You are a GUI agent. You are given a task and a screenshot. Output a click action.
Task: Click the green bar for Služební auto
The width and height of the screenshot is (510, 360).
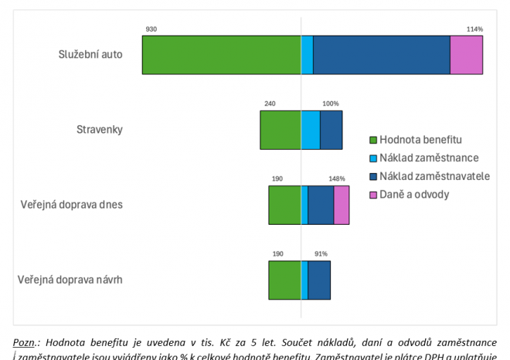pos(221,55)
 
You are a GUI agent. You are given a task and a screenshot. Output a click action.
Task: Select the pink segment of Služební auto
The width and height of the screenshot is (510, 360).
pos(466,55)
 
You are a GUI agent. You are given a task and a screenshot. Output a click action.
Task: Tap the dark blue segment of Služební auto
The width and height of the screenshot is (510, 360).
pos(381,55)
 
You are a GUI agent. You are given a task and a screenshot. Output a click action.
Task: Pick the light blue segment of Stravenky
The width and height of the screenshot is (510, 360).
pos(310,130)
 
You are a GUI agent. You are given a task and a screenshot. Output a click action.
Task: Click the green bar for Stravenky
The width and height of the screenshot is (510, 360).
pos(280,130)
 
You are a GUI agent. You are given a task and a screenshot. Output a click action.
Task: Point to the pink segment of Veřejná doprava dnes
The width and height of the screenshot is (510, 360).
pos(341,205)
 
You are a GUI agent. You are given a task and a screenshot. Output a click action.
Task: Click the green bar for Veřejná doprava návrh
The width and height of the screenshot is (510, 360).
pos(284,280)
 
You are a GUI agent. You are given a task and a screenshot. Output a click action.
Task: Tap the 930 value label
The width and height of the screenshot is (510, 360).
pos(151,29)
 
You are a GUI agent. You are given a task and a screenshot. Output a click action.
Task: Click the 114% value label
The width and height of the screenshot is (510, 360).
pos(474,29)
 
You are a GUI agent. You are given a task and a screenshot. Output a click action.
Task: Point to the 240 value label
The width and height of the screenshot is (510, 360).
pos(269,104)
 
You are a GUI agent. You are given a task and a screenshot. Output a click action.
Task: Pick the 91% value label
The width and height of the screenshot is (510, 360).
pos(321,253)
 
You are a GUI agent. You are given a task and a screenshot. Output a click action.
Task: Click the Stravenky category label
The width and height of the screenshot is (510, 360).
pos(100,129)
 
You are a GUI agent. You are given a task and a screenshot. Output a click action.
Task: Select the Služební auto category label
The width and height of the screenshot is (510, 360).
pos(90,54)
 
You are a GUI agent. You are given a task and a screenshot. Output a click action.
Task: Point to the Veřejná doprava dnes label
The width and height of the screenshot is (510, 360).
pos(70,205)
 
